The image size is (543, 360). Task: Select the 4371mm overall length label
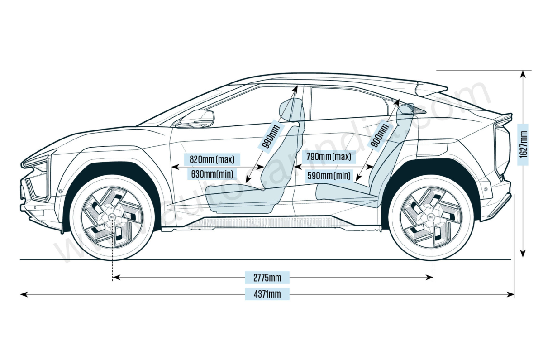click(267, 294)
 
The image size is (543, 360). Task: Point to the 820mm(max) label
click(211, 159)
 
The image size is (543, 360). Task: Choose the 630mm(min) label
click(211, 173)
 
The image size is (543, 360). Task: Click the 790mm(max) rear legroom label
click(329, 157)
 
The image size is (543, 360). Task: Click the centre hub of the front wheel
click(112, 218)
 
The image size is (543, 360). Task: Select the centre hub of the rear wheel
click(432, 218)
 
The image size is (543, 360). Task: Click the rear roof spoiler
click(432, 87)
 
